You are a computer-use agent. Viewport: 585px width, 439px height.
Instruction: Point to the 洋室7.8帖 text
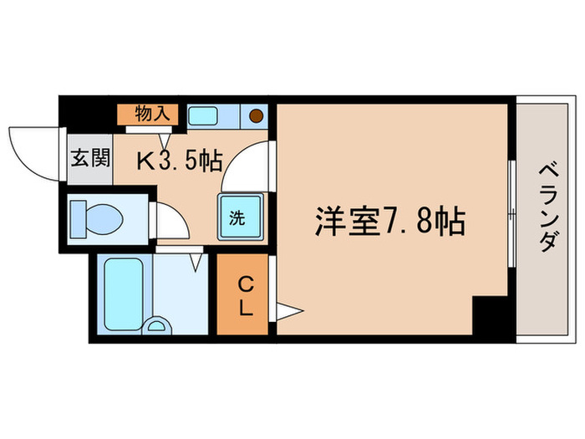click(389, 222)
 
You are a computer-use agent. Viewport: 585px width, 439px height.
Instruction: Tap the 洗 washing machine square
click(239, 219)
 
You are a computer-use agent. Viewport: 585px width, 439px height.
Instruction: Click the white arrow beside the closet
click(288, 312)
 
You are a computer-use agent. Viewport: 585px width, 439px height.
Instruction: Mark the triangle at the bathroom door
click(197, 263)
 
